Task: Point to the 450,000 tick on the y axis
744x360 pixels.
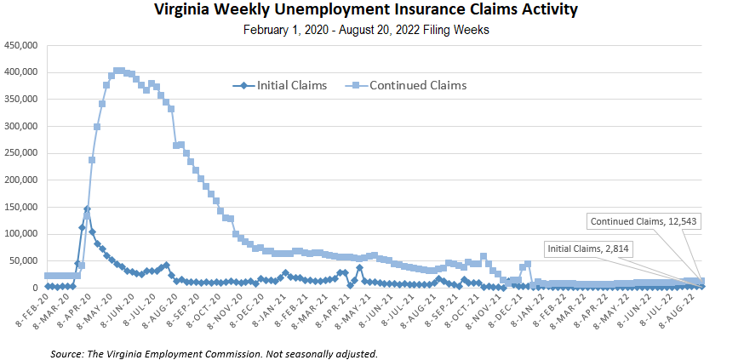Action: pyautogui.click(x=21, y=45)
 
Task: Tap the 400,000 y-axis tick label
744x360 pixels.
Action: pyautogui.click(x=21, y=71)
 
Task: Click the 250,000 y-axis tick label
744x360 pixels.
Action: pyautogui.click(x=21, y=153)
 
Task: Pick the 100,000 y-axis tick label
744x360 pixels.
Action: pyautogui.click(x=21, y=233)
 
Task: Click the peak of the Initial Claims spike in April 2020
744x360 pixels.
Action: pyautogui.click(x=87, y=209)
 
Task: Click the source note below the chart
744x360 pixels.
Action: pyautogui.click(x=214, y=351)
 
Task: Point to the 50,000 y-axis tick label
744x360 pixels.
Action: pyautogui.click(x=24, y=260)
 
